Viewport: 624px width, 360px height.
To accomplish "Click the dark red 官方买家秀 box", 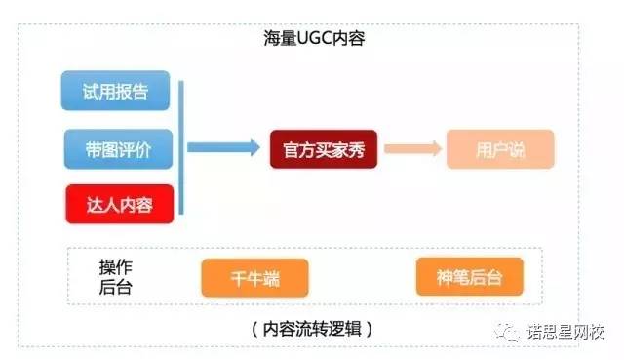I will [x=323, y=149].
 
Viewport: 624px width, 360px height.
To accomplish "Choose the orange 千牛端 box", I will [x=253, y=278].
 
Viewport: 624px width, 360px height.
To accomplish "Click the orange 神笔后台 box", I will [x=469, y=278].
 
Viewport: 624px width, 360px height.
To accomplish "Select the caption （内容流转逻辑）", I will [x=311, y=327].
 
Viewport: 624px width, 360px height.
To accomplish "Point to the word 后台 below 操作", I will [x=115, y=288].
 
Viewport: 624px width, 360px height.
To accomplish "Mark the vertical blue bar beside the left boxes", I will [x=182, y=149].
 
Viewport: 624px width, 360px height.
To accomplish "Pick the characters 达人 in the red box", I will [x=103, y=205].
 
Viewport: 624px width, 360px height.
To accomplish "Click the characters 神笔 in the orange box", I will [x=453, y=278].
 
